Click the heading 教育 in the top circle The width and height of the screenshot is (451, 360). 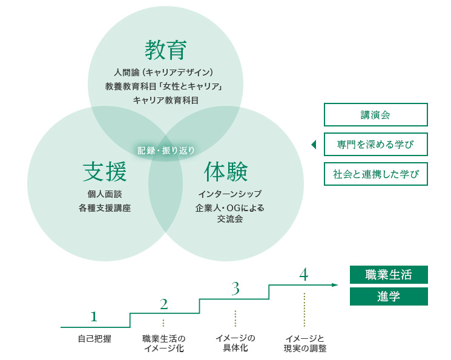(166, 50)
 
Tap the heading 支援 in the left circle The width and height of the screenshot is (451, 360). (105, 172)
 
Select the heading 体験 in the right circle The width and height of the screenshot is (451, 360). (226, 172)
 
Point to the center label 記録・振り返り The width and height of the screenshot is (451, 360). (166, 151)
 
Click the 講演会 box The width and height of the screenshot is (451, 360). (376, 115)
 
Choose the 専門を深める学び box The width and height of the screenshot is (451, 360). (376, 145)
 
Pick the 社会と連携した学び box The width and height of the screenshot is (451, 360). (376, 174)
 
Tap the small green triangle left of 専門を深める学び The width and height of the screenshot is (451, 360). (314, 145)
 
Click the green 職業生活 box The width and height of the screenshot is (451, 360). (389, 275)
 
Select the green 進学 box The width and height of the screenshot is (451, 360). (389, 296)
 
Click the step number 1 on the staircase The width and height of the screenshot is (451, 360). (94, 316)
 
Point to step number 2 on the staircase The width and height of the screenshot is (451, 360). (163, 304)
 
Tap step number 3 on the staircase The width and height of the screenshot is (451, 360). (235, 289)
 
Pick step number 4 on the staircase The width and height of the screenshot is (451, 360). (304, 274)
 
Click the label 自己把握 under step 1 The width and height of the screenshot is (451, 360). (94, 339)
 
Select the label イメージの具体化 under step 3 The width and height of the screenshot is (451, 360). (235, 343)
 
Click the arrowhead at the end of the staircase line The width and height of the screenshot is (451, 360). (335, 285)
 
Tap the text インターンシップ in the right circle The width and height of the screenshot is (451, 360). (230, 194)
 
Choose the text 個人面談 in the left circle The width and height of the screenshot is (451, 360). (105, 194)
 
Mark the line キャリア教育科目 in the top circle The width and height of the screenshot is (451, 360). (166, 100)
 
